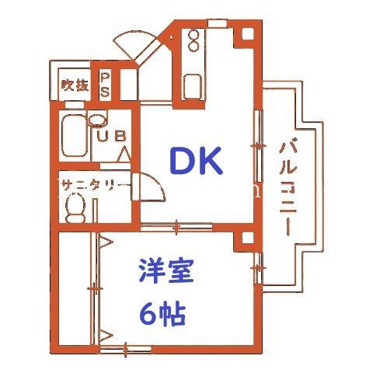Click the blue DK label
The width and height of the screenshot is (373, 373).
196,161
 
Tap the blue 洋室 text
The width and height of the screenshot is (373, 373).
166,270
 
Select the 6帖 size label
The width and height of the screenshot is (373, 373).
163,314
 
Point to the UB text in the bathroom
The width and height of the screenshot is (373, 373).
112,136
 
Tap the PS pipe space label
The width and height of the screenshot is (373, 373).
105,85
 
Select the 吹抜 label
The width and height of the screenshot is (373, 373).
75,85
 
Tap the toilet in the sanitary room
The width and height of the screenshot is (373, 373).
75,207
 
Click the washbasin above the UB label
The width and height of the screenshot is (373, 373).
97,120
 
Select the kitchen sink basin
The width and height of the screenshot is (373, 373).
193,87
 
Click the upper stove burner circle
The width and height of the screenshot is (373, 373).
193,35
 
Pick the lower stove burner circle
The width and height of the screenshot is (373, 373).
193,46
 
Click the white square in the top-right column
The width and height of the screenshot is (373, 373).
248,33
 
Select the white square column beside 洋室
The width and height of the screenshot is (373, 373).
248,238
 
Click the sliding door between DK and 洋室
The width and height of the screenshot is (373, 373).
176,228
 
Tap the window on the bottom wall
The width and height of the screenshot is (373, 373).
126,350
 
